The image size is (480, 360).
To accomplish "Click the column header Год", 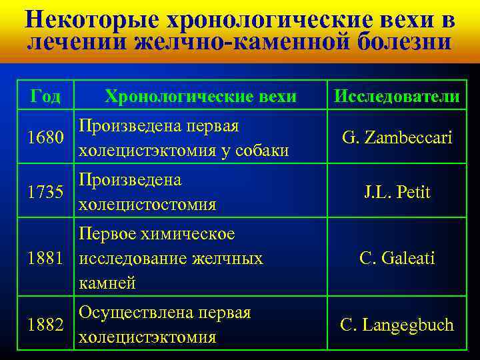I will pos(45,96).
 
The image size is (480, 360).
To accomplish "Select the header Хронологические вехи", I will pos(201,96).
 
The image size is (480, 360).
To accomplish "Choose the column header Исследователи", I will pos(397,96).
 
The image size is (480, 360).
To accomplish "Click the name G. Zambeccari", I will pos(397,138).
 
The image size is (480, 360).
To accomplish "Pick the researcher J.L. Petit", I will pos(397,193).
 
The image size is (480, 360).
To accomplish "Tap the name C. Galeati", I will pos(397,258).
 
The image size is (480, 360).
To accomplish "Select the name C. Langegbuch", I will pos(397,325).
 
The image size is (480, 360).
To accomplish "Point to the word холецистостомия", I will pos(147,205).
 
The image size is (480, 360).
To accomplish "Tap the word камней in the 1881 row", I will pos(107,283).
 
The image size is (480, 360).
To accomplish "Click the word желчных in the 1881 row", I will pos(231,258).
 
